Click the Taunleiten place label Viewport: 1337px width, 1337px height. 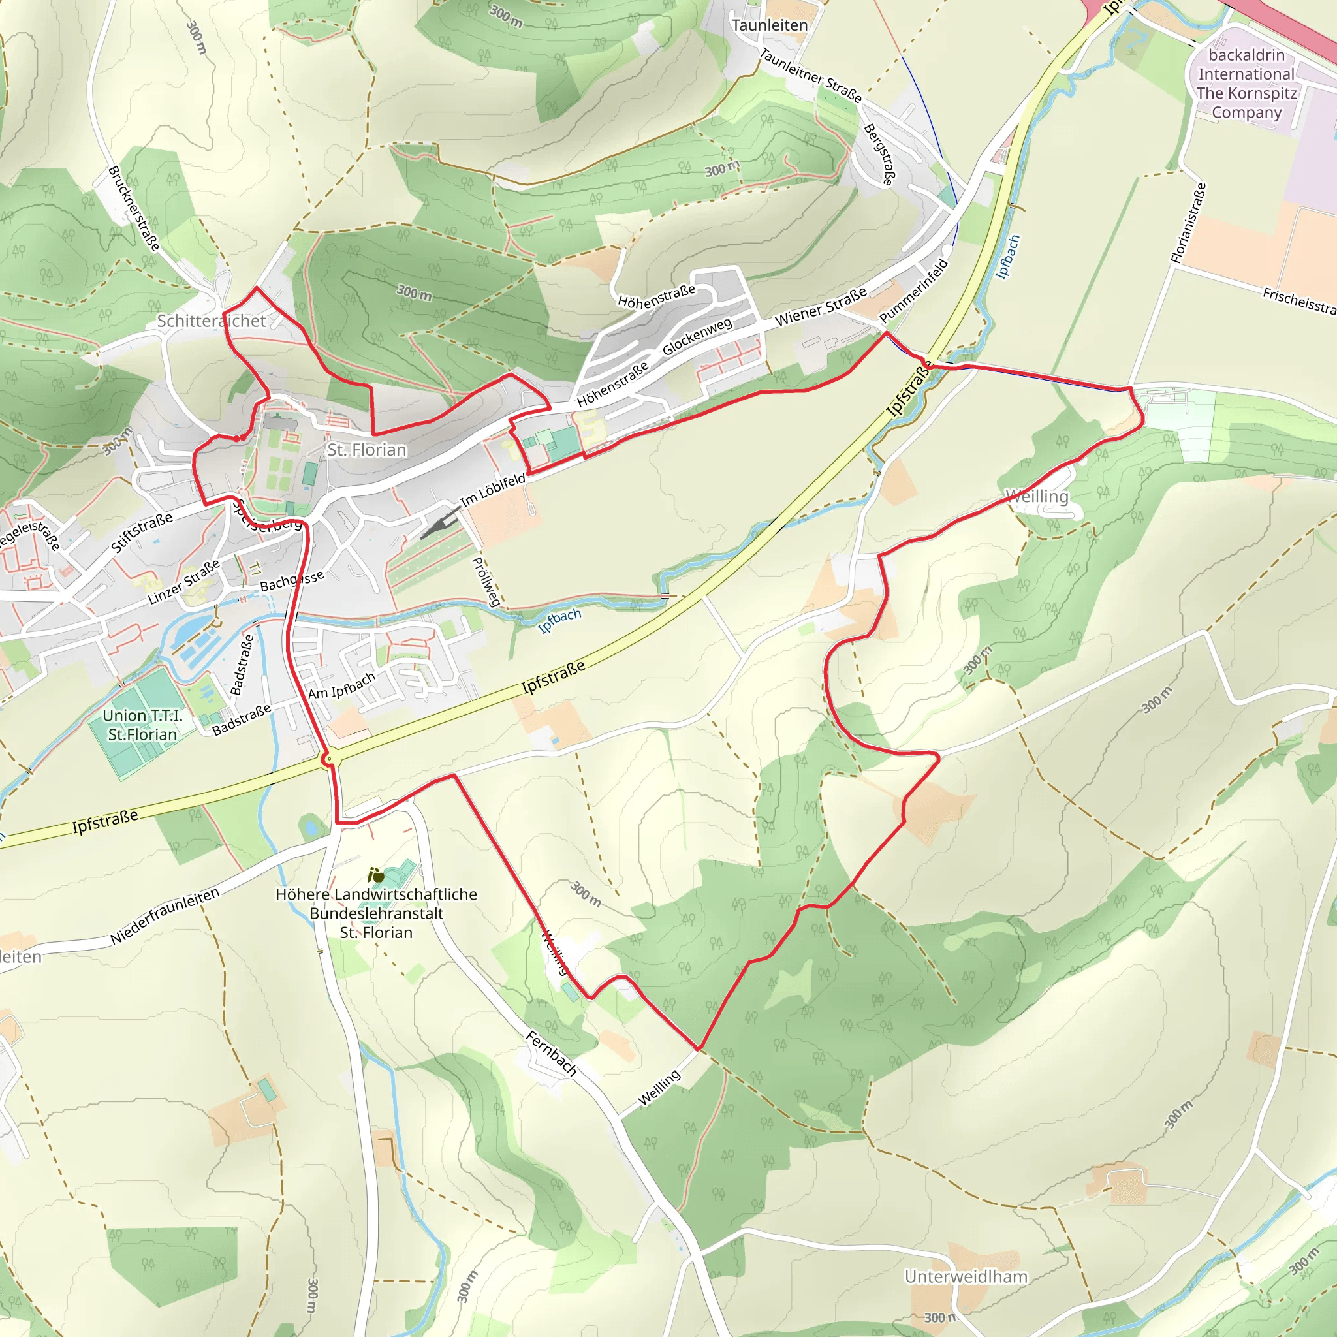(770, 25)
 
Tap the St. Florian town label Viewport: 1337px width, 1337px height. (367, 450)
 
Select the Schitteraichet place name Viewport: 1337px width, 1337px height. (211, 321)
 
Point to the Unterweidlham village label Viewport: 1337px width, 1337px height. (966, 1277)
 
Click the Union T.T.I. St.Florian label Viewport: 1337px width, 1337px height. (142, 725)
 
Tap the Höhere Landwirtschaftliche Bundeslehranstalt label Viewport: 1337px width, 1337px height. (376, 913)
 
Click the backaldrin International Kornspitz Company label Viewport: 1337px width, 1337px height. (1246, 84)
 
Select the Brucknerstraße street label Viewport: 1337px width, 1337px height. (134, 208)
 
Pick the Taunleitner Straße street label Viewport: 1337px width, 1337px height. (810, 76)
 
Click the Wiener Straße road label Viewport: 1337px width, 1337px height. (821, 307)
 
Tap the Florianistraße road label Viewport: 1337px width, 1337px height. (1188, 223)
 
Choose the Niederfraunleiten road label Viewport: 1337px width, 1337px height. (165, 915)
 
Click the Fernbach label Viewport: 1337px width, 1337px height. (551, 1053)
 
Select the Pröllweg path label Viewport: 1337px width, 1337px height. (485, 581)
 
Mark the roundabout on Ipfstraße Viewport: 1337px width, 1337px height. (330, 760)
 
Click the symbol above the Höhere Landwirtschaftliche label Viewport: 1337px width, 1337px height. (376, 875)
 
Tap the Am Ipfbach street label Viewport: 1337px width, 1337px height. (341, 685)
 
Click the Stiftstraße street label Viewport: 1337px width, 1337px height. (141, 533)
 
